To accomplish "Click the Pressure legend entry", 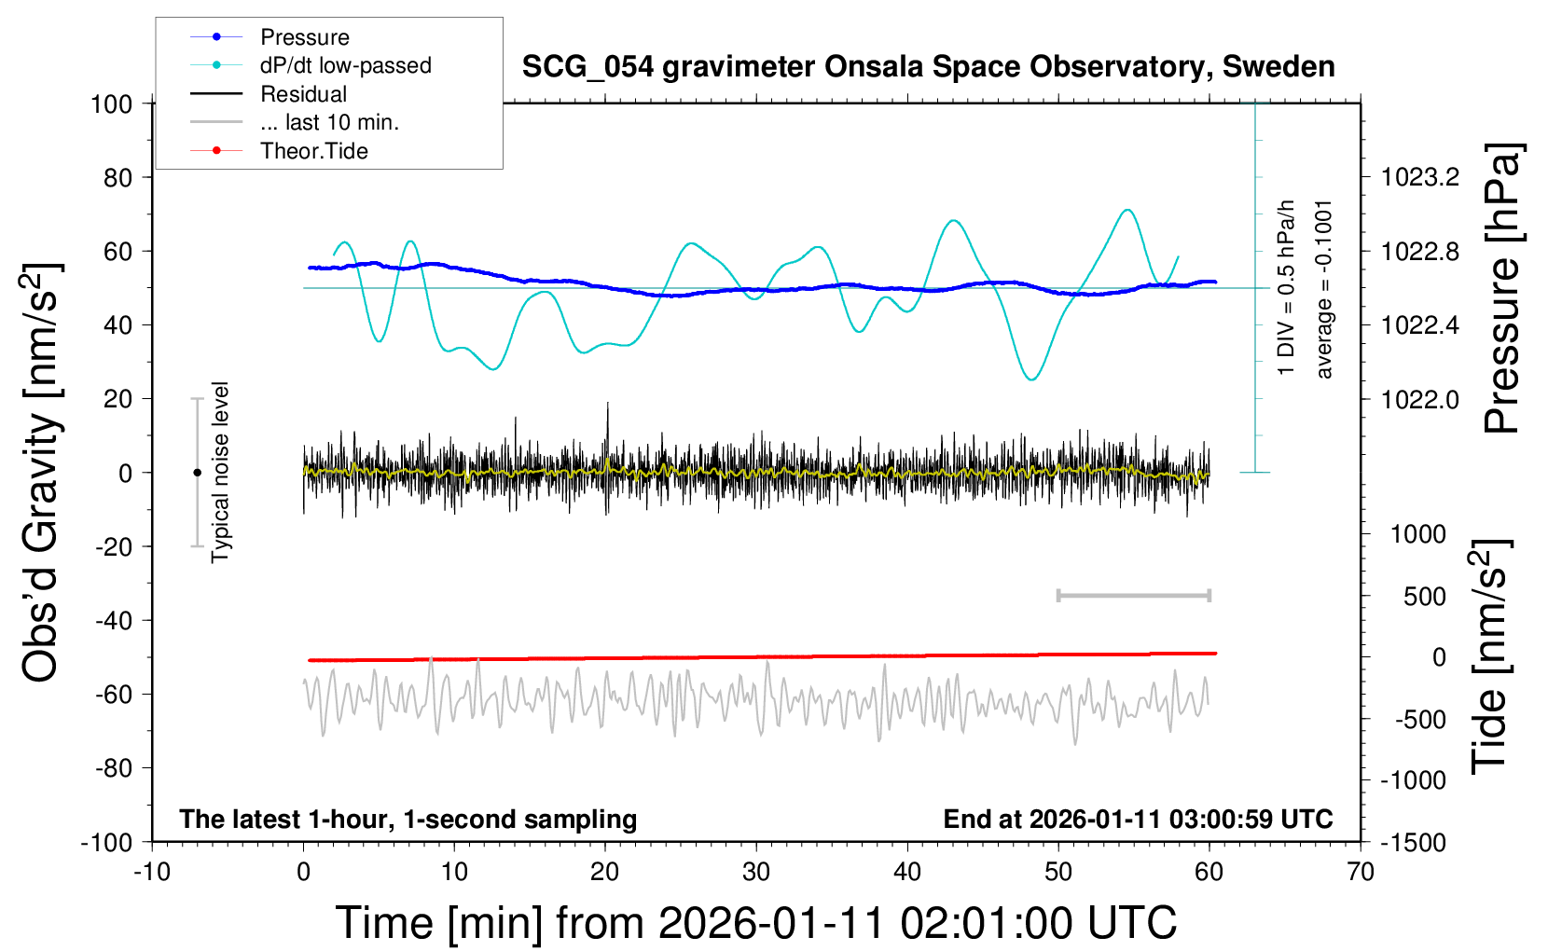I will [x=304, y=37].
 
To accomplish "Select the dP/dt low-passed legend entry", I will [x=345, y=65].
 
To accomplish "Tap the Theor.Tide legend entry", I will [x=313, y=151].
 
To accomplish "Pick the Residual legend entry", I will [x=303, y=94].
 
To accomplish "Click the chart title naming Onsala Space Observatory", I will [x=928, y=67].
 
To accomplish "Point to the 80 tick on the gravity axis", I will [x=117, y=177].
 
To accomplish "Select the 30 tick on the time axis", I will [x=756, y=873].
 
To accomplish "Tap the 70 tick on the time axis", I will [x=1361, y=873].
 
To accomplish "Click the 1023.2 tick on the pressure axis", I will [x=1420, y=177].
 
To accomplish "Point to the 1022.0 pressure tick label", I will [x=1420, y=399].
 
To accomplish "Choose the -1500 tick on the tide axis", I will [x=1413, y=842].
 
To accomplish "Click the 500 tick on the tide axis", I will [x=1424, y=597].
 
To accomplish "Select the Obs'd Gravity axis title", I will [x=41, y=472].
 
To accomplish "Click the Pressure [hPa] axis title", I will [x=1502, y=289].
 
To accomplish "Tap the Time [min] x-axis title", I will [x=755, y=923].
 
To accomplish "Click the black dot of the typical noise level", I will [x=197, y=473].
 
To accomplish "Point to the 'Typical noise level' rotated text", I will [x=220, y=472].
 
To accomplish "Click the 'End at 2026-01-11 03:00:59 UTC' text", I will [x=1138, y=820].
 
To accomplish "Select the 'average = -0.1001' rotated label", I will [x=1324, y=289].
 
